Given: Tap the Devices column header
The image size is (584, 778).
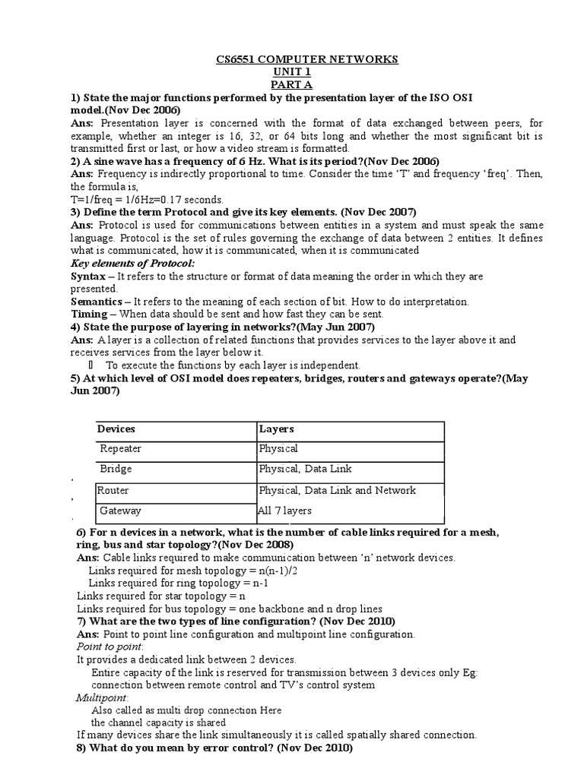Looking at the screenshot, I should coord(116,429).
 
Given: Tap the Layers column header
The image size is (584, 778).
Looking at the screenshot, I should coord(276,429).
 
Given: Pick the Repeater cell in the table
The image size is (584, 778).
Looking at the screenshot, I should coord(121,448).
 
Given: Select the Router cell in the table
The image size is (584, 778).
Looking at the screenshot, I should coord(113,490).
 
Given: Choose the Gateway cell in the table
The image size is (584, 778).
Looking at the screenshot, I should coord(120,511).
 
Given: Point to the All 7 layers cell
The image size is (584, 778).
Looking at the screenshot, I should coord(285,511).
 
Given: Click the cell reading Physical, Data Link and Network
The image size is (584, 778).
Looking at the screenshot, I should coord(338,490).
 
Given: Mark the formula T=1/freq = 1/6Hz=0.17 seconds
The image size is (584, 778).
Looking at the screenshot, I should coord(141,198).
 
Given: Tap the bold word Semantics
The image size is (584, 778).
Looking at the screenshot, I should coord(97,301).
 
